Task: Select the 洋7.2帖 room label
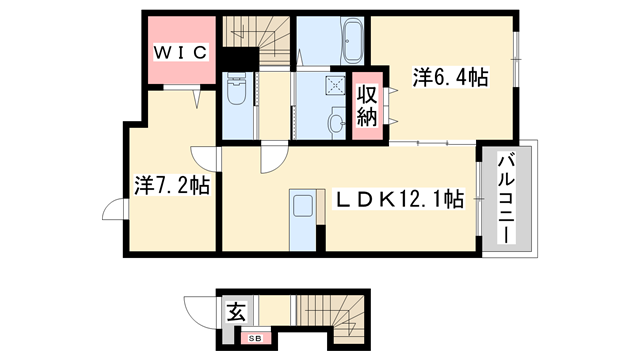pyautogui.click(x=171, y=185)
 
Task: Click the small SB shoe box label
pyautogui.click(x=255, y=338)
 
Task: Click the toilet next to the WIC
pyautogui.click(x=236, y=92)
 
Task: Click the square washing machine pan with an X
pyautogui.click(x=335, y=87)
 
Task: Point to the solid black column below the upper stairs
pyautogui.click(x=238, y=59)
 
